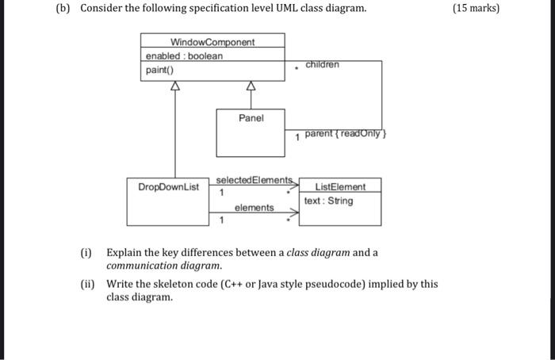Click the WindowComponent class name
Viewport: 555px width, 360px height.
[212, 41]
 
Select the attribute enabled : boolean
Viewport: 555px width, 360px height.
[184, 56]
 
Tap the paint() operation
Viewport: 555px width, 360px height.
[160, 71]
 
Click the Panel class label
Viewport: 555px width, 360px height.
[251, 117]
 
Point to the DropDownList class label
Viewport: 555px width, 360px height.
[168, 187]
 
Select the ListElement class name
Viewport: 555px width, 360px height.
[340, 187]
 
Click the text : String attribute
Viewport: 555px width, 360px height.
[329, 201]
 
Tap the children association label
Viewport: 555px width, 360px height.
[322, 63]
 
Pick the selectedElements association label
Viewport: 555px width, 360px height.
[255, 180]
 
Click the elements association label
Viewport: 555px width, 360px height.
[254, 208]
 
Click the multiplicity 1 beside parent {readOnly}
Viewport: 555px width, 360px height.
[297, 137]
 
